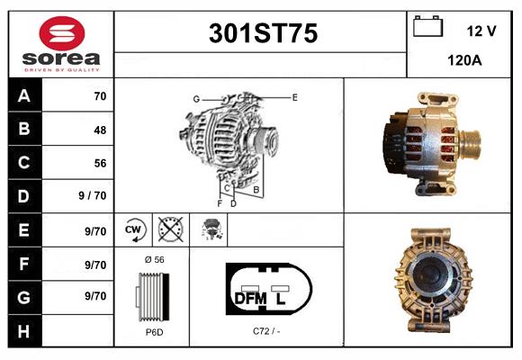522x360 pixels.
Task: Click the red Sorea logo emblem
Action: click(62, 33)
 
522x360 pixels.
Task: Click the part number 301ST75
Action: click(263, 33)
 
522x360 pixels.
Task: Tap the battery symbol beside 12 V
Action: click(427, 26)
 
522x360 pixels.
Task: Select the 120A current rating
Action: click(464, 60)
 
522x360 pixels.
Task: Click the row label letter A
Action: click(24, 96)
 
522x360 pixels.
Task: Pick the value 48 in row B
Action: click(100, 130)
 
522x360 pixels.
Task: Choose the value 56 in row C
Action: click(100, 163)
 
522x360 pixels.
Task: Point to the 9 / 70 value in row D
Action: click(92, 195)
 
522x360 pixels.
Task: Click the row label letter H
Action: click(23, 331)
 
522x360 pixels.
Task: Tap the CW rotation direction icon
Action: click(134, 230)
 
